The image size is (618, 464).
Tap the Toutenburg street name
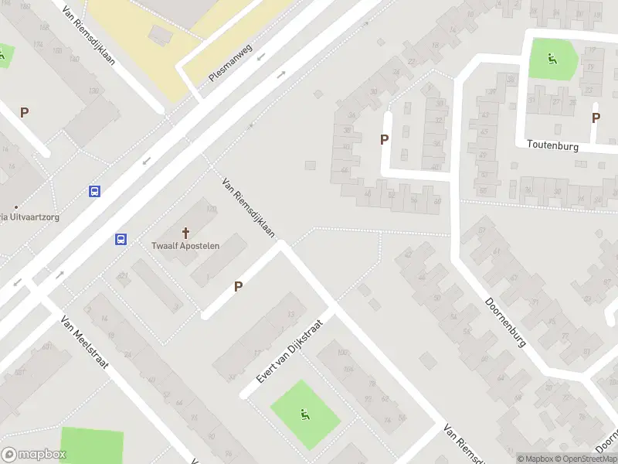553,145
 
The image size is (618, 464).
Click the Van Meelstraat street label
86,339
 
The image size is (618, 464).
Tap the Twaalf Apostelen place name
185,246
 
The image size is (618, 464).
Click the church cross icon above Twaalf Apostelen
185,232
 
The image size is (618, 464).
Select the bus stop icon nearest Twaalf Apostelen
121,239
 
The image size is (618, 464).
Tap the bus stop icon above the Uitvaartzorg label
94,192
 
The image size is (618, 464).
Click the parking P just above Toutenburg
596,118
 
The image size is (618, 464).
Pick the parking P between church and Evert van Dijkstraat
239,286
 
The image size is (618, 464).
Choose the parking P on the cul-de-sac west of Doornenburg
384,139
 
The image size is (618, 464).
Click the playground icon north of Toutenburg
552,57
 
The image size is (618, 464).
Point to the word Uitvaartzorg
32,217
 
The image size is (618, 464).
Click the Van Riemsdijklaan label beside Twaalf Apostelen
248,208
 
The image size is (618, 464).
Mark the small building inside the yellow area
161,34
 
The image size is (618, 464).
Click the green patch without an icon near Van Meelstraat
91,445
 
